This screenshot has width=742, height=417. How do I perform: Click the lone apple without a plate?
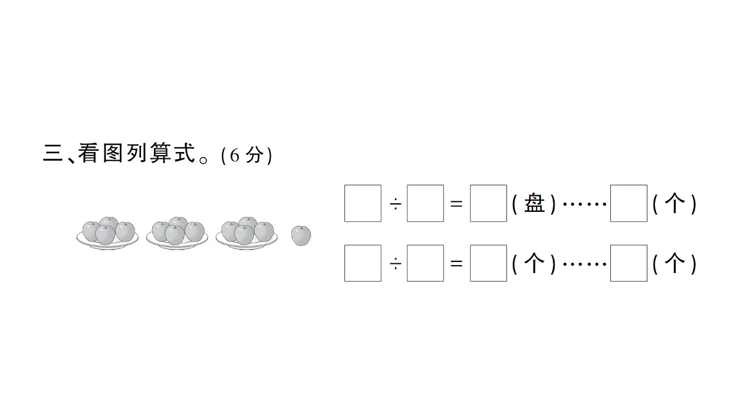pos(301,235)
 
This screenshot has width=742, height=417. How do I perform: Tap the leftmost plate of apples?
pos(108,233)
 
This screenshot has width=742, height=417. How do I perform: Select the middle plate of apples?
pos(177,233)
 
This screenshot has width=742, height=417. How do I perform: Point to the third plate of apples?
pos(247,233)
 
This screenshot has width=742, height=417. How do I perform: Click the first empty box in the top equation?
pos(363,203)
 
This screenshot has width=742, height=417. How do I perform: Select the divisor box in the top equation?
pos(425,203)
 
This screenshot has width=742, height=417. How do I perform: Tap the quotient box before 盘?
pos(488,203)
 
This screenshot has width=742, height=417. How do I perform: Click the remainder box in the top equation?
pos(629,203)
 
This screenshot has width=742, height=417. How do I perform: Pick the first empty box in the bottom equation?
pos(363,263)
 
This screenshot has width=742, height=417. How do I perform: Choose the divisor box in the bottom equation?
pos(425,263)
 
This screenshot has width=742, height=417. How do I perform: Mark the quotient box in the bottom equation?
pos(488,263)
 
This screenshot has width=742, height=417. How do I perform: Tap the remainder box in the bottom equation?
pos(629,263)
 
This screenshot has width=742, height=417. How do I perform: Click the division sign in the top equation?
pos(396,204)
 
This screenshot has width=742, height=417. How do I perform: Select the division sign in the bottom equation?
pos(396,264)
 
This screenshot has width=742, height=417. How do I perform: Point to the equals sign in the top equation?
pos(456,204)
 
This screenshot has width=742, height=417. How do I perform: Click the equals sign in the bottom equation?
pos(456,264)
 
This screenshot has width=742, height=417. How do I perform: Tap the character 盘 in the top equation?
pos(534,203)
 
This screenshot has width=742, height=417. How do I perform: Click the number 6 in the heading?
pos(234,155)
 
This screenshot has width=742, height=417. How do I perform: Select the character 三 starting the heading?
pos(53,153)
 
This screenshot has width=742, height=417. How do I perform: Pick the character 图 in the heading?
pos(113,153)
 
